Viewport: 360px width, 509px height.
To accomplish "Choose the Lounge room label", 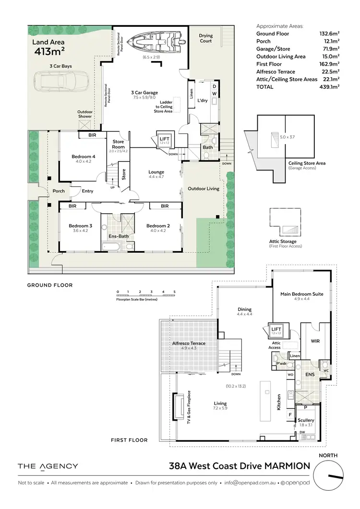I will [x=156, y=172].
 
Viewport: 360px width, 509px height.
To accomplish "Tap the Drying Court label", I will [x=206, y=38].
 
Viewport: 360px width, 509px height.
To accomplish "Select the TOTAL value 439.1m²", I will [x=329, y=87].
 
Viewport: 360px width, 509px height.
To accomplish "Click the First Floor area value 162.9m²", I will [x=329, y=63].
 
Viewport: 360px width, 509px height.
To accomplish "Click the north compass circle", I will [x=328, y=475].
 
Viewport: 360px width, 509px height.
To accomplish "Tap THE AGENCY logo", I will [x=48, y=466].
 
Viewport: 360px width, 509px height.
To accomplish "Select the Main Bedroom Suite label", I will [x=302, y=294].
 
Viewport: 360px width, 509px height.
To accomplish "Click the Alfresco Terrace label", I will [x=189, y=343].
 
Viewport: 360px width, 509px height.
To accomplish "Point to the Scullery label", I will [x=306, y=420].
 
